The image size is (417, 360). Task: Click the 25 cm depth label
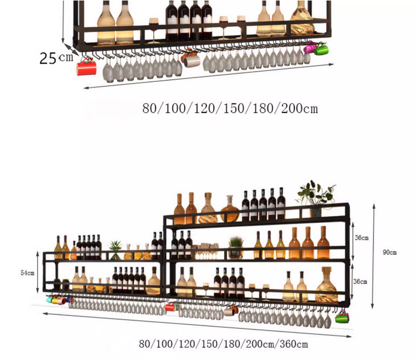point(56,58)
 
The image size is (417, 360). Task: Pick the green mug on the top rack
point(321,50)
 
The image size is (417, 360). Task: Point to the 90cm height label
point(390,252)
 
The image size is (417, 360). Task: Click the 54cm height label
point(27,273)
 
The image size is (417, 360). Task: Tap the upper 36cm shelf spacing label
point(361,238)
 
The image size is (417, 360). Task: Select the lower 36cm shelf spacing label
point(361,281)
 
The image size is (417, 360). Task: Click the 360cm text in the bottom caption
point(294,344)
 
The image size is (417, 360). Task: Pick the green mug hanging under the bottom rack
point(341,317)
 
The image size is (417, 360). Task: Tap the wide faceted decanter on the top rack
point(301,20)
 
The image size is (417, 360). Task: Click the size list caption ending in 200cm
point(230,109)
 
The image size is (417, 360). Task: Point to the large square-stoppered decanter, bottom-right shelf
point(326,286)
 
